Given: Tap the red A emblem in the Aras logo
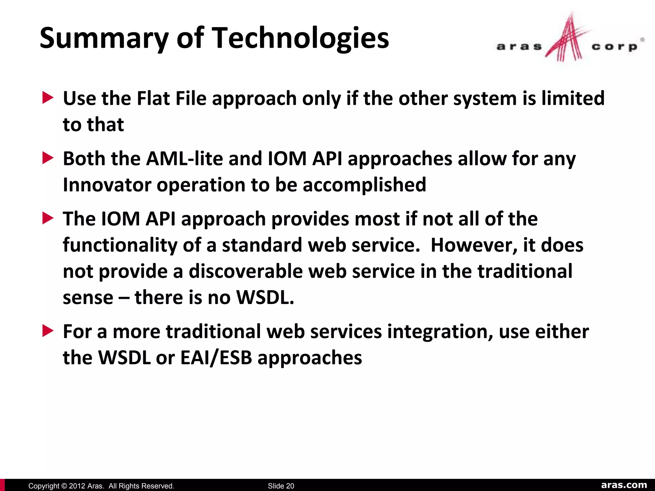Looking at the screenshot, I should pos(566,40).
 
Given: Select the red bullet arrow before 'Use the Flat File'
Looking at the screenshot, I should pos(48,98).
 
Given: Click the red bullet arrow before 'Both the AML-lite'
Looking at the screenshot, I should pos(48,158).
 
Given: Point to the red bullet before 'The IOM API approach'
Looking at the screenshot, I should pos(48,219).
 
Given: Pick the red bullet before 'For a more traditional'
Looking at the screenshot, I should pos(48,331).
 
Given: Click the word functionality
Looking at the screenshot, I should pos(120,245).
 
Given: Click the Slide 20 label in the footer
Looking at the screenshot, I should pos(281,486).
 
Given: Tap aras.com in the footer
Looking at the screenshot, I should pos(624,485).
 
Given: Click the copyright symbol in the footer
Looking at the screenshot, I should pos(64,486).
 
